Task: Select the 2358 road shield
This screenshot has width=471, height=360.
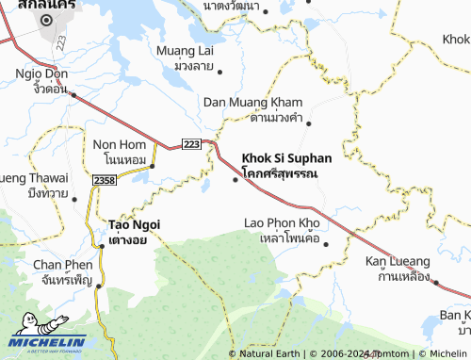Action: pos(106,179)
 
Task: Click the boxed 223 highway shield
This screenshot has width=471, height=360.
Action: pos(191,143)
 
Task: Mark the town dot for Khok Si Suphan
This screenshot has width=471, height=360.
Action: pos(235,179)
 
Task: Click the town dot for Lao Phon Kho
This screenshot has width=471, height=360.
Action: pos(326,244)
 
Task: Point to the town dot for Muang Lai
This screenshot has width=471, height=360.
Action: pos(219,70)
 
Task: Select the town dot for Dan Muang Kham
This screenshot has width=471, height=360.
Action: pos(308,123)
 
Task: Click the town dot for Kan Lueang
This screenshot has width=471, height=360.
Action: pos(436,280)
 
